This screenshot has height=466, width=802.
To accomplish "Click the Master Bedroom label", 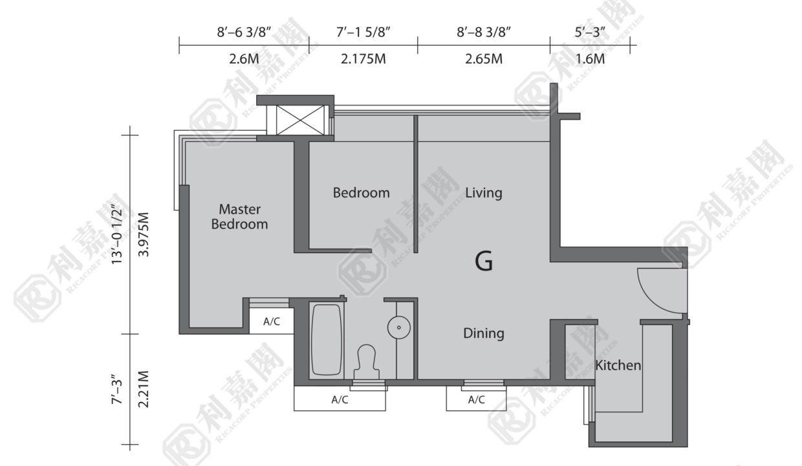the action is tap(239, 216).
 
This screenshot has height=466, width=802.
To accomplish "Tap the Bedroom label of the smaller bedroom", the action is tap(362, 193).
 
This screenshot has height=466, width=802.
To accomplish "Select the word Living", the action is tap(484, 193).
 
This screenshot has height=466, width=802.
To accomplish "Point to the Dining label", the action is tap(484, 333).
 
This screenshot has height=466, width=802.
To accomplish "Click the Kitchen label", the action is tap(618, 365).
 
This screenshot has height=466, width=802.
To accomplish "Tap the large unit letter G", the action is tap(484, 261).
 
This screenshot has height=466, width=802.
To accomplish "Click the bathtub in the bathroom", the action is tap(326, 340).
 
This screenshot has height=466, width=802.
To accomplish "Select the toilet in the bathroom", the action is tap(366, 362).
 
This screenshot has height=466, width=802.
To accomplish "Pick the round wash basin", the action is tap(399, 327).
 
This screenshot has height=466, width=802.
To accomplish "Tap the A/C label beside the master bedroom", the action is tap(272, 322).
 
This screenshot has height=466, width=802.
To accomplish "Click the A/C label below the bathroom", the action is tap(340, 400).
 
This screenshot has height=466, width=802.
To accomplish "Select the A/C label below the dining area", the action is tap(477, 400).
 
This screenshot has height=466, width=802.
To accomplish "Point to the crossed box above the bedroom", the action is tap(300, 120).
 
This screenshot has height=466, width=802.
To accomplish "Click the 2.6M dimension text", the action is tap(244, 59).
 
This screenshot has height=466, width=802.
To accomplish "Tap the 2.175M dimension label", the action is tap(363, 59).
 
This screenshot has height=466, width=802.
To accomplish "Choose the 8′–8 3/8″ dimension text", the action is tap(484, 32).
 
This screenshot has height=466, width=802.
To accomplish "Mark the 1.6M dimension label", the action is tap(590, 59).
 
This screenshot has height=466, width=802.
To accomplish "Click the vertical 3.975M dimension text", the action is tap(143, 234).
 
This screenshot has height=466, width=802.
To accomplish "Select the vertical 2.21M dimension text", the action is tap(143, 389).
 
